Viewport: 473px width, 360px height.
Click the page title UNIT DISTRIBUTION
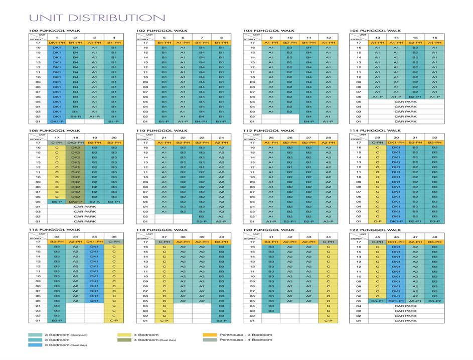point(91,18)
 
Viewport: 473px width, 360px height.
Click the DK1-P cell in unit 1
point(57,122)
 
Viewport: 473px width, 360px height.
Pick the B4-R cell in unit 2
point(76,116)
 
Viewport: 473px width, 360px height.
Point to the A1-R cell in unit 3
point(94,116)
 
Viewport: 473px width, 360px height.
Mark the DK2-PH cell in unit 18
point(76,143)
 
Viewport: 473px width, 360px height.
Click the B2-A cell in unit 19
point(94,201)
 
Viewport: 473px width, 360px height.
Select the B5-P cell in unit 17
point(57,201)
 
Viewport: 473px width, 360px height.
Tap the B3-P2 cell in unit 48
point(434,301)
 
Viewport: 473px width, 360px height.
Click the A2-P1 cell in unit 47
point(415,301)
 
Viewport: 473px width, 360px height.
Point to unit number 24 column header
point(221,137)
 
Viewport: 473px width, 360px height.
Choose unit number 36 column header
point(114,236)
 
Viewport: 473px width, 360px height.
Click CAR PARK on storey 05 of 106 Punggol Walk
point(406,102)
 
